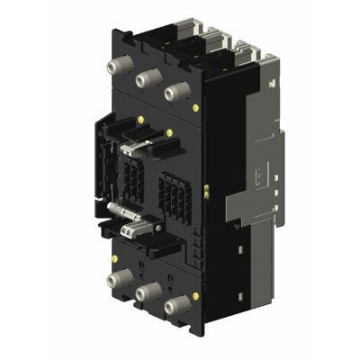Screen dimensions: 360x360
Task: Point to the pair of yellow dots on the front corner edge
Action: [x=208, y=188]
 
